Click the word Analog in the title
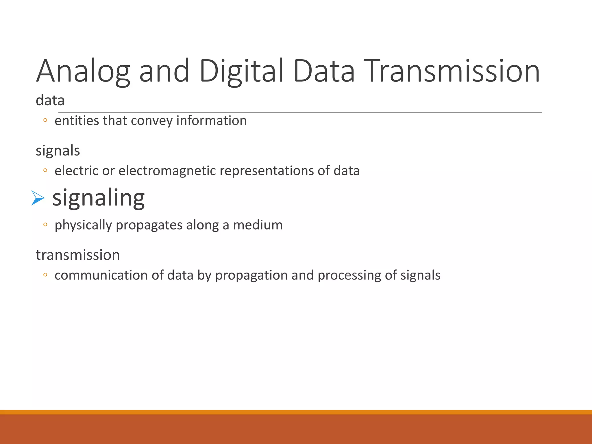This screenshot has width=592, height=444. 83,71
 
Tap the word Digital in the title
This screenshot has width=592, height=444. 241,71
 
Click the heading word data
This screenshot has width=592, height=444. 50,101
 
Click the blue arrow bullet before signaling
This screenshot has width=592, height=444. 38,198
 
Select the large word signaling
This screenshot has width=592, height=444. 98,198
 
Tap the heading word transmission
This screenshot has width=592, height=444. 78,255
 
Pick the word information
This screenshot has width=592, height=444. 211,121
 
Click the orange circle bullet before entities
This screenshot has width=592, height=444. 45,121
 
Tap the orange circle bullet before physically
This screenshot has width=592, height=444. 45,225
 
